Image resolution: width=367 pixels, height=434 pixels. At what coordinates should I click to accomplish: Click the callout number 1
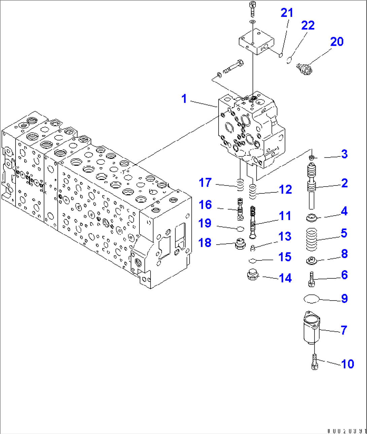tap(184, 99)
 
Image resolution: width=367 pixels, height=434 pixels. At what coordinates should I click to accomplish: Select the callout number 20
tap(336, 42)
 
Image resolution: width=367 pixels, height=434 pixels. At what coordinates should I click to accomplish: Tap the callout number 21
tap(287, 13)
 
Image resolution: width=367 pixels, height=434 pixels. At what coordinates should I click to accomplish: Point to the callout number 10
tap(347, 364)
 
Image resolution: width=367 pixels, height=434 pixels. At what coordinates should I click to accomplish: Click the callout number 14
tap(285, 278)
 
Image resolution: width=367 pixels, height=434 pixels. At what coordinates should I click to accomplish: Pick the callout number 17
tap(205, 183)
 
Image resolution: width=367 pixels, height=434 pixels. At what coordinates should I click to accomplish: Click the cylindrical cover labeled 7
tap(311, 328)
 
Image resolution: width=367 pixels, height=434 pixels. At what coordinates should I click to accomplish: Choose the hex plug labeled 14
tap(253, 275)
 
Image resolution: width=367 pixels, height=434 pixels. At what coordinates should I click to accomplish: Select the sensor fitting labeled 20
tap(303, 69)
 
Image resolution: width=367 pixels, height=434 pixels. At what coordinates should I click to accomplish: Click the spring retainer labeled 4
tap(312, 217)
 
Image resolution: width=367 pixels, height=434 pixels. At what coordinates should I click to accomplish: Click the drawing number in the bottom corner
tap(345, 430)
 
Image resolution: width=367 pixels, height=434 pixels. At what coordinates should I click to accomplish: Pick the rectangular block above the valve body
tap(256, 41)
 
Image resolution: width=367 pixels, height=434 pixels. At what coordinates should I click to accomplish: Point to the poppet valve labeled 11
tap(253, 222)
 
